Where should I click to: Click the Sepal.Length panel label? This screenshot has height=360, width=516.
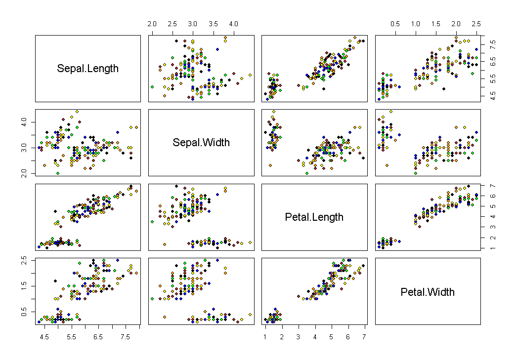[88, 69]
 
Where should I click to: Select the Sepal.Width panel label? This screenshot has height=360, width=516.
[201, 143]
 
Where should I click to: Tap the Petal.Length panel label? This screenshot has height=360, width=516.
[314, 217]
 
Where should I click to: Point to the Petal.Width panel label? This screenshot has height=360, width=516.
[428, 292]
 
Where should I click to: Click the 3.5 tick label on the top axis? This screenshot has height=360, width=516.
[213, 24]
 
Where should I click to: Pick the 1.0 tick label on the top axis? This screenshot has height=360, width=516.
[416, 24]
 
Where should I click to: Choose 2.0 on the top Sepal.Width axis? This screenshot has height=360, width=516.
[152, 24]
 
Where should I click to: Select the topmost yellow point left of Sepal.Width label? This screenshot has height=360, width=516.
[77, 112]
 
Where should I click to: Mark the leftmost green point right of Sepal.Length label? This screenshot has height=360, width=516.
[152, 86]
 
